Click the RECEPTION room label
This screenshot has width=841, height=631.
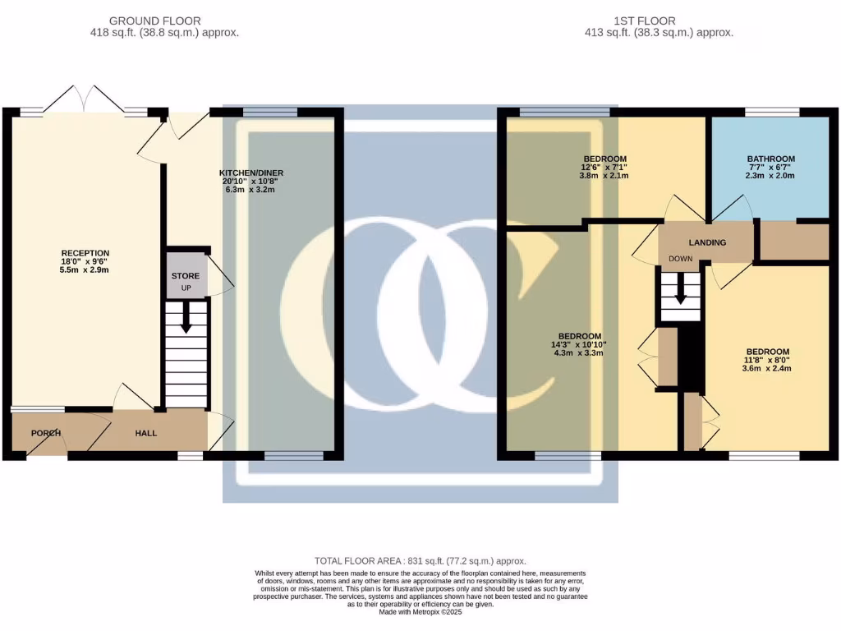[x=85, y=253]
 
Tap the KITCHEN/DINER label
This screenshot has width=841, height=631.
[x=250, y=173]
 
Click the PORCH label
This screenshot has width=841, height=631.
[x=46, y=433]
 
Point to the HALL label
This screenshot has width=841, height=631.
[x=145, y=433]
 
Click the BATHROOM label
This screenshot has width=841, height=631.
[x=770, y=159]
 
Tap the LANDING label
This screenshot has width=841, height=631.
[x=707, y=242]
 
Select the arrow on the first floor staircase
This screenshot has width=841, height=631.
[x=680, y=288]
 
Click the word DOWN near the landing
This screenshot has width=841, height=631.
[x=681, y=258]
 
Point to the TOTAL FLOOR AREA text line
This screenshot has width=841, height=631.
[x=420, y=560]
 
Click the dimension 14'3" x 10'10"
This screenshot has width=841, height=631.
[x=580, y=344]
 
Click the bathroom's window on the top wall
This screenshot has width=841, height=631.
[x=772, y=112]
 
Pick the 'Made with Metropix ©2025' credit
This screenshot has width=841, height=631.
[x=420, y=611]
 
